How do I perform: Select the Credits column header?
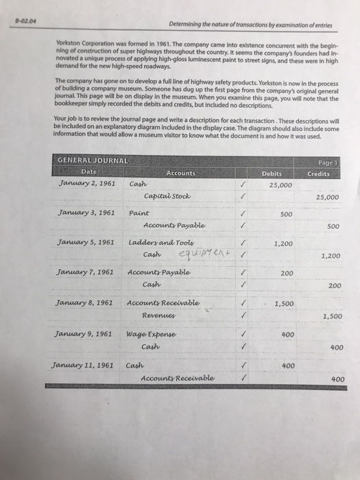click(x=317, y=173)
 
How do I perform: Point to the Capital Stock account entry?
click(x=167, y=197)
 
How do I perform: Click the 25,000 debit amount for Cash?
click(x=281, y=185)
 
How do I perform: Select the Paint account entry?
click(x=140, y=214)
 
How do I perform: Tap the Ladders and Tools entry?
click(x=157, y=243)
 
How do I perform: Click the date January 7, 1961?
click(x=86, y=273)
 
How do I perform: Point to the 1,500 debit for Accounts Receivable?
click(x=283, y=302)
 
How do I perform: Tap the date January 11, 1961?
click(x=85, y=364)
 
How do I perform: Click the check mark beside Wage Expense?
click(x=237, y=334)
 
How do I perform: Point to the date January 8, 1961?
click(x=86, y=302)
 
